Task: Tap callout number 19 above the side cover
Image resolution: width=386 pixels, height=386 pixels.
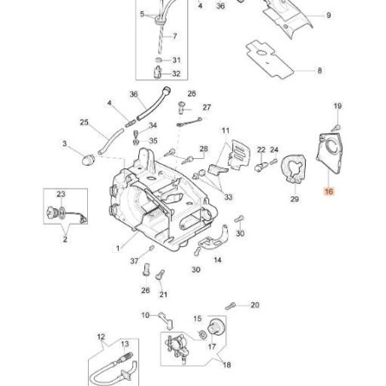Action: tap(337, 106)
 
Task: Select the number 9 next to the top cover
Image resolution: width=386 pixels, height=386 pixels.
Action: tap(329, 16)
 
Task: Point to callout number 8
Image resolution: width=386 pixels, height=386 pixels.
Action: tap(319, 71)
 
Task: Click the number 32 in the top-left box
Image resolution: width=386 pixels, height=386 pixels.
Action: tap(175, 73)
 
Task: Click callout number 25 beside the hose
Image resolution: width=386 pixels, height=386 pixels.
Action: tap(85, 123)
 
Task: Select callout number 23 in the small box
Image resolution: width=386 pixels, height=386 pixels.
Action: tap(61, 195)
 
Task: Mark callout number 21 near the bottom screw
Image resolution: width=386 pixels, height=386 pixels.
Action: tap(163, 295)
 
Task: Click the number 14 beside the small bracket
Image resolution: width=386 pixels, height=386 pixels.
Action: tap(218, 259)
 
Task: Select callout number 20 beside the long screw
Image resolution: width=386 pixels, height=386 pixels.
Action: tap(254, 304)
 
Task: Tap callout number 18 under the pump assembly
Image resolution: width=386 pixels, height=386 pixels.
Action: tap(227, 365)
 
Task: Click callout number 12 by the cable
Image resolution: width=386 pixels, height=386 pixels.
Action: tap(101, 336)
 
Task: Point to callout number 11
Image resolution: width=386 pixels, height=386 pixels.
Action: tap(226, 131)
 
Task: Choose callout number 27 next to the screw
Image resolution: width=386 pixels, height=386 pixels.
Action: tap(206, 108)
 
